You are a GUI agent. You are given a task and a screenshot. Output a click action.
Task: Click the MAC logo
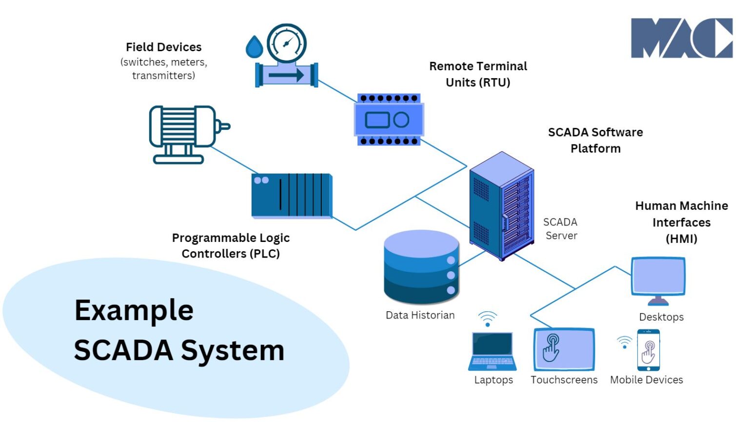point(681,38)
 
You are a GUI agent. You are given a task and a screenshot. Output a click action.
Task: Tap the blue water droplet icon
point(254,47)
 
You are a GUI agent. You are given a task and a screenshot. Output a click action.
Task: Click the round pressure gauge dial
point(287,43)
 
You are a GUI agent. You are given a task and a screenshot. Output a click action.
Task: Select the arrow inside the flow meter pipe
point(286,75)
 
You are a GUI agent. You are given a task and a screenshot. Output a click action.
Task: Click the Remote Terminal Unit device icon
point(389,120)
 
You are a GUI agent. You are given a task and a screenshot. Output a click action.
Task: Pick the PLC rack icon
point(292,195)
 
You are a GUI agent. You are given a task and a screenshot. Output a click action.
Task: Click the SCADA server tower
point(501,206)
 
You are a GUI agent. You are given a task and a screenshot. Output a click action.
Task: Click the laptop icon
point(493,351)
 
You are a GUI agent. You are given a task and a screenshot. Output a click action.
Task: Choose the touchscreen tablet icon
point(564,349)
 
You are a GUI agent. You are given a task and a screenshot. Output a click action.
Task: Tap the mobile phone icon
point(648,350)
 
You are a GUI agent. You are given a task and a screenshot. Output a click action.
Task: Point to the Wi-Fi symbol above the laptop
point(487,319)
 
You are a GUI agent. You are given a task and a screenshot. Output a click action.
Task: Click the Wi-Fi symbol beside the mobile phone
point(624,342)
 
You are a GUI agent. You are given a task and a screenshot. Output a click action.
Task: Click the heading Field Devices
point(163,47)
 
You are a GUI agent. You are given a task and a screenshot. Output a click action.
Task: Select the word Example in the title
point(134,310)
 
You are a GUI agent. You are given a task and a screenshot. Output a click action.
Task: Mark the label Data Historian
point(420,315)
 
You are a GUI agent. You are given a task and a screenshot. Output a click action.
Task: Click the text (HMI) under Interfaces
point(681,239)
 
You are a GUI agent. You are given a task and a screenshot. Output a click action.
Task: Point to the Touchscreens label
point(564,380)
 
